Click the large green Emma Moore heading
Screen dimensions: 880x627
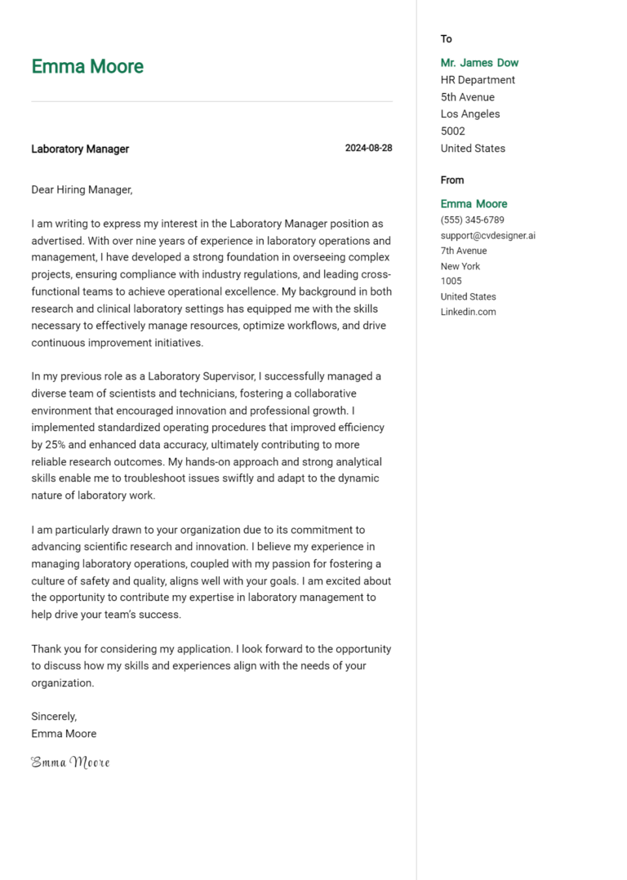tap(87, 67)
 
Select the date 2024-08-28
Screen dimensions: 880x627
tap(368, 149)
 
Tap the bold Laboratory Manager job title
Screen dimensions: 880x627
tap(80, 149)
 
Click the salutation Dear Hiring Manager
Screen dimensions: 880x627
tap(82, 189)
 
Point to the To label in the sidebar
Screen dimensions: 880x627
tap(446, 39)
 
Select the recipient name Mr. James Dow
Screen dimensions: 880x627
tap(479, 63)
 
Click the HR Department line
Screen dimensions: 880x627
tap(478, 80)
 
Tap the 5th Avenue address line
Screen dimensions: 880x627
tap(467, 97)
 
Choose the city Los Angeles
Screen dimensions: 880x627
tap(470, 114)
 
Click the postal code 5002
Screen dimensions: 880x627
tap(452, 131)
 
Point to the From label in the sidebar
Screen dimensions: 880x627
tap(451, 180)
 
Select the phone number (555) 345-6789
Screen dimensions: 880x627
tap(472, 220)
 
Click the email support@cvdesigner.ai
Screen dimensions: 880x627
tap(487, 236)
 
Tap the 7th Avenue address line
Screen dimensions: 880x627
tap(463, 251)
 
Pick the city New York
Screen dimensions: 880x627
tap(460, 266)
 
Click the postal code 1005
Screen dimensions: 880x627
tap(451, 282)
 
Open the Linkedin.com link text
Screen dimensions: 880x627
tap(468, 312)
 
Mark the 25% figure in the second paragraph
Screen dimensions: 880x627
tap(56, 445)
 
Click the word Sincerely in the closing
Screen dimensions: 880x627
tap(54, 716)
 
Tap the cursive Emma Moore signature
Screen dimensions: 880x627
tap(70, 762)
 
